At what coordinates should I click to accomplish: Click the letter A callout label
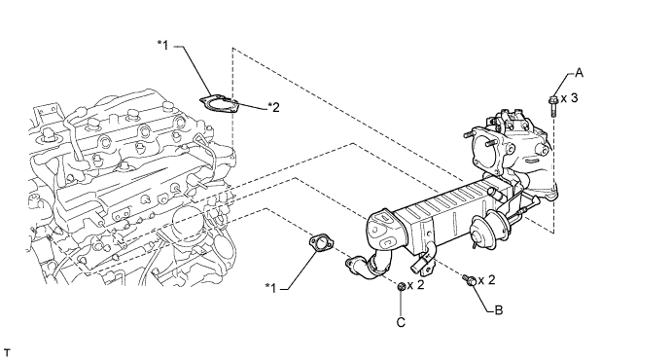point(579,73)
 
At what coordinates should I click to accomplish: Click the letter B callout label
point(499,309)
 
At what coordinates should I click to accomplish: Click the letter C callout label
point(401,322)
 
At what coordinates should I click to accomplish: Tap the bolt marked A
point(552,106)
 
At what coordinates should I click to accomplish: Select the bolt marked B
point(469,280)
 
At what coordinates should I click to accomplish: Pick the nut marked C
point(402,287)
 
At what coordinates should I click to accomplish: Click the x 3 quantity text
point(570,98)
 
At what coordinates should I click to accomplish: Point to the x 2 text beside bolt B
point(486,280)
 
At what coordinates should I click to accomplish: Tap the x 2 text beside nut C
point(415,285)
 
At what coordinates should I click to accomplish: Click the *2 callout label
point(273,107)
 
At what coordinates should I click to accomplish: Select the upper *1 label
point(163,45)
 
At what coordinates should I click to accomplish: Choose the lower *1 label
point(271,288)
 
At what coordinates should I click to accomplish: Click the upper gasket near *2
point(219,104)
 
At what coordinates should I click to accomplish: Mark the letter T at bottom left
point(7,353)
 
